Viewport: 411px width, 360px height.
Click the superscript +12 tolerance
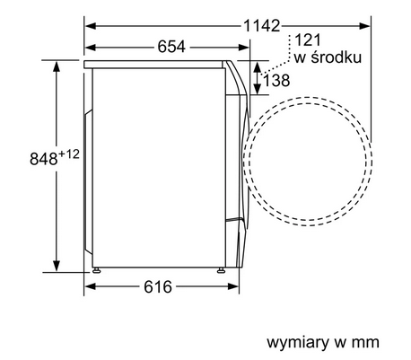[x=48, y=154]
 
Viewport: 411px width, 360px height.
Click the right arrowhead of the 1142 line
[x=369, y=24]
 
